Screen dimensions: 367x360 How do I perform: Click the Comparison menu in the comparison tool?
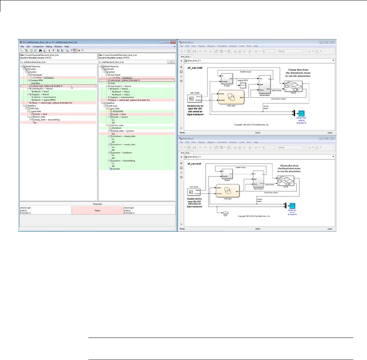(x=38, y=47)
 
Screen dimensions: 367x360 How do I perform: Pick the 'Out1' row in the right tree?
(x=114, y=83)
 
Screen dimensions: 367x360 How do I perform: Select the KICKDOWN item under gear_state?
(x=118, y=111)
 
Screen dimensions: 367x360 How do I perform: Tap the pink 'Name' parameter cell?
(x=97, y=210)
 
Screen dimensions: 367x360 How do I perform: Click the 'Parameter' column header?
(x=97, y=203)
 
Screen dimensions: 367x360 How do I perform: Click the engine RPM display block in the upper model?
(x=243, y=85)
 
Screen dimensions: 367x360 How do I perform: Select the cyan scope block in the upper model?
(x=302, y=112)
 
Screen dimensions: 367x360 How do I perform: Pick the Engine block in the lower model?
(x=227, y=174)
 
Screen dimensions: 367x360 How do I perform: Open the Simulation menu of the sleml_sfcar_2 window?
(x=222, y=46)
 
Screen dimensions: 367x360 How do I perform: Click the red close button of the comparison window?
(x=173, y=42)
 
